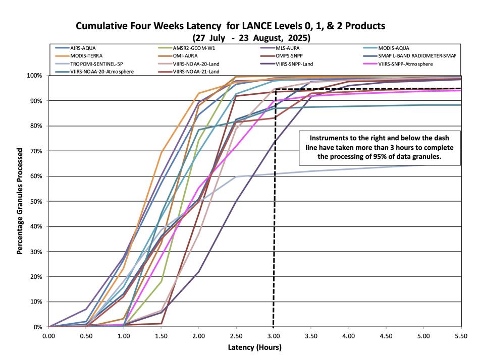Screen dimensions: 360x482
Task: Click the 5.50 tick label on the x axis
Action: pyautogui.click(x=461, y=335)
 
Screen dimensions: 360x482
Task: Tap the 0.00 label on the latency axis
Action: pyautogui.click(x=49, y=335)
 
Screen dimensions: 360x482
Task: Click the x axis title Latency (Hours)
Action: pyautogui.click(x=255, y=347)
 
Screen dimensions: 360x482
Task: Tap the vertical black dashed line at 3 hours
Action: pyautogui.click(x=273, y=227)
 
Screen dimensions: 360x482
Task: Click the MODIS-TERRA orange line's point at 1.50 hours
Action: pyautogui.click(x=162, y=151)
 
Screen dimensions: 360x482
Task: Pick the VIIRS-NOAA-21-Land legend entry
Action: pyautogui.click(x=196, y=72)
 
